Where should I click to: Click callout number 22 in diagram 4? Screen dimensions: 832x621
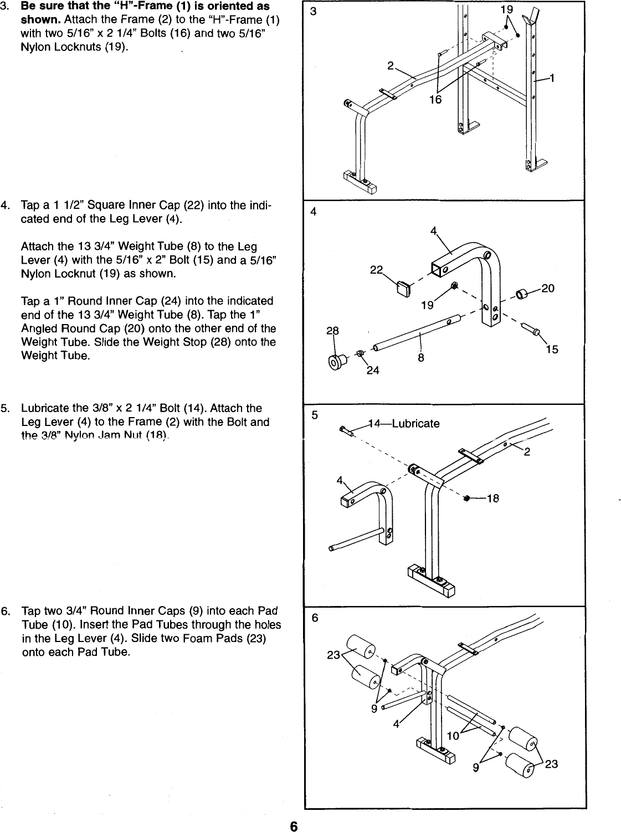[x=377, y=270]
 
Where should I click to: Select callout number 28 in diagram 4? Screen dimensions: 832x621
[x=332, y=331]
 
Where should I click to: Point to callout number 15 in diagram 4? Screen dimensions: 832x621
[x=552, y=349]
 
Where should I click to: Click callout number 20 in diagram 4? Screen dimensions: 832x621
[x=548, y=289]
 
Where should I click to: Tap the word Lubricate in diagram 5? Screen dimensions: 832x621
[x=415, y=424]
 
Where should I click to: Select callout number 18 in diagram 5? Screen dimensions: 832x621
[x=492, y=499]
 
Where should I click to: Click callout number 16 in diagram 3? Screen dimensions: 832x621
[x=436, y=100]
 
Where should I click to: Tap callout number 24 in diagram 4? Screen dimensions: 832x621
[x=373, y=371]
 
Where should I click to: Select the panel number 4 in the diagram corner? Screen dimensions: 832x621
[x=314, y=211]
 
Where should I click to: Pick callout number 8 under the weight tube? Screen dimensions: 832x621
[x=421, y=358]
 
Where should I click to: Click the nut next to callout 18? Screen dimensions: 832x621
[x=466, y=498]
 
